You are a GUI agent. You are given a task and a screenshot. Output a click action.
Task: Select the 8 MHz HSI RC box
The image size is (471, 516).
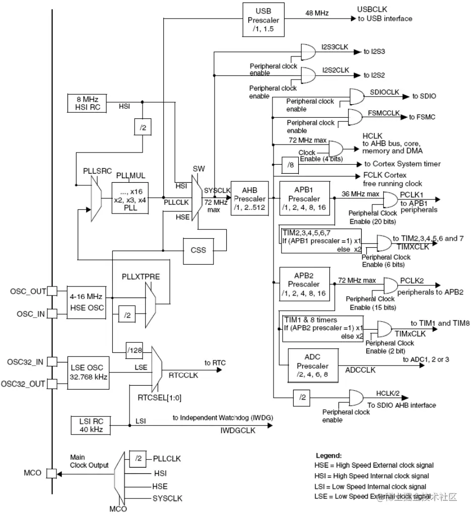pyautogui.click(x=87, y=103)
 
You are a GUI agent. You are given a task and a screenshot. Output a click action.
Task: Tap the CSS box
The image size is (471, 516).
pyautogui.click(x=198, y=250)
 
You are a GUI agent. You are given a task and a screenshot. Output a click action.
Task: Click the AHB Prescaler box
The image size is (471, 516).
pyautogui.click(x=249, y=198)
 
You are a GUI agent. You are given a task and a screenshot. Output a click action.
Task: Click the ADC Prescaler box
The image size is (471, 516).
pyautogui.click(x=312, y=365)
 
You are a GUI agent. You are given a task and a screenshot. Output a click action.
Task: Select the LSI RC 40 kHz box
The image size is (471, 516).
pyautogui.click(x=91, y=425)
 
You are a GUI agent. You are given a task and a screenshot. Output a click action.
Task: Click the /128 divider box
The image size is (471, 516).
pyautogui.click(x=134, y=349)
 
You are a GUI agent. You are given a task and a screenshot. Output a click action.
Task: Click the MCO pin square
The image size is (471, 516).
pyautogui.click(x=51, y=473)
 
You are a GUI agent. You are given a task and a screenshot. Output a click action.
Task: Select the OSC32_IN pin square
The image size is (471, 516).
pyautogui.click(x=51, y=362)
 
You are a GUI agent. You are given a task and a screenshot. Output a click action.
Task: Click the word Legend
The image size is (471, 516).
pyautogui.click(x=328, y=455)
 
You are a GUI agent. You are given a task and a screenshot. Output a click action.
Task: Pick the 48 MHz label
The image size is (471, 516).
pyautogui.click(x=317, y=13)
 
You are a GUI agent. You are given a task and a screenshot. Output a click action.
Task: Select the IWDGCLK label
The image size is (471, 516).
pyautogui.click(x=238, y=431)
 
